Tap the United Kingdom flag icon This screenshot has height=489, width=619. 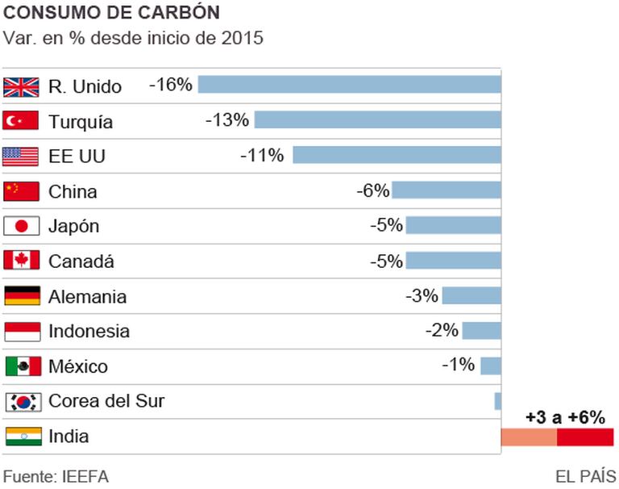[x=22, y=86]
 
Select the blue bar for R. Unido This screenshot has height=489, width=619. [x=349, y=85]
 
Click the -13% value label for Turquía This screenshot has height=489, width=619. [x=227, y=120]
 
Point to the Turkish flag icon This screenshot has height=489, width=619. [x=22, y=121]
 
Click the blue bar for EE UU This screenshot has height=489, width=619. [x=397, y=155]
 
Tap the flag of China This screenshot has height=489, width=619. [x=22, y=191]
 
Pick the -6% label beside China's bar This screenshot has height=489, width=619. [x=372, y=190]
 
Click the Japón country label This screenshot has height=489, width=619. [x=74, y=227]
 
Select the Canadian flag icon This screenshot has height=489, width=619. [x=22, y=261]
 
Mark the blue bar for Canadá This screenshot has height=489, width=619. [x=453, y=261]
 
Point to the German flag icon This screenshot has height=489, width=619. [x=22, y=296]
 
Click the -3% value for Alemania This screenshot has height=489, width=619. [x=422, y=295]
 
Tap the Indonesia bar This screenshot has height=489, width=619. [x=481, y=330]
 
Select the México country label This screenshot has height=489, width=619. [x=78, y=366]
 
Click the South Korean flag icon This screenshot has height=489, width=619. [x=22, y=401]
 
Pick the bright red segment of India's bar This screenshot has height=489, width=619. [x=585, y=437]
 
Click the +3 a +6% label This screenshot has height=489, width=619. [x=565, y=417]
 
